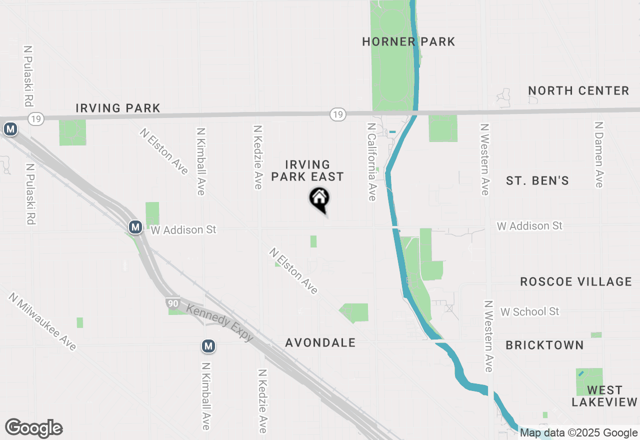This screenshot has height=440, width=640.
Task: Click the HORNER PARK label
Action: tap(408, 41)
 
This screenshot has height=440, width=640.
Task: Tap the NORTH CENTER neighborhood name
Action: tap(578, 90)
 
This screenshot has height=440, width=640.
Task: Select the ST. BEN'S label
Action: tap(537, 180)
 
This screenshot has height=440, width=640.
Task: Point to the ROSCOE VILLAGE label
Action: tap(576, 281)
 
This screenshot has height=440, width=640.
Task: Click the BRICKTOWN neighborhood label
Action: tap(544, 345)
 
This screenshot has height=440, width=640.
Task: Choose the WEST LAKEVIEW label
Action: tap(604, 395)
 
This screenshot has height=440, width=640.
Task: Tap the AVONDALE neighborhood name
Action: tap(320, 342)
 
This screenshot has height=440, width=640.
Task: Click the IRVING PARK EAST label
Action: tap(314, 170)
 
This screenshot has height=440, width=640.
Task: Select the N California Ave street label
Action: tap(371, 162)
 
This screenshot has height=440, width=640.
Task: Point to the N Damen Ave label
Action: tap(598, 154)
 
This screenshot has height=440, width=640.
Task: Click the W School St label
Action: tap(529, 311)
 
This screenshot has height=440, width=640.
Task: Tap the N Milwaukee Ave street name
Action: tap(42, 321)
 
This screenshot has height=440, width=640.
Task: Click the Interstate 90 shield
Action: tap(172, 303)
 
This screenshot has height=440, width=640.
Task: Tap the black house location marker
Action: tap(319, 198)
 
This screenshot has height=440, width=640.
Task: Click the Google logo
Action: tap(34, 428)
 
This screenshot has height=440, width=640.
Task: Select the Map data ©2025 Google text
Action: tap(578, 433)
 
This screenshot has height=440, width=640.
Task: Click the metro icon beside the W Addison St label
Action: tap(135, 227)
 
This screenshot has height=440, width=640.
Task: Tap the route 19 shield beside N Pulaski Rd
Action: tap(36, 118)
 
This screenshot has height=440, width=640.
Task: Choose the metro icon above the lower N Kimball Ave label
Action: tap(208, 346)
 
